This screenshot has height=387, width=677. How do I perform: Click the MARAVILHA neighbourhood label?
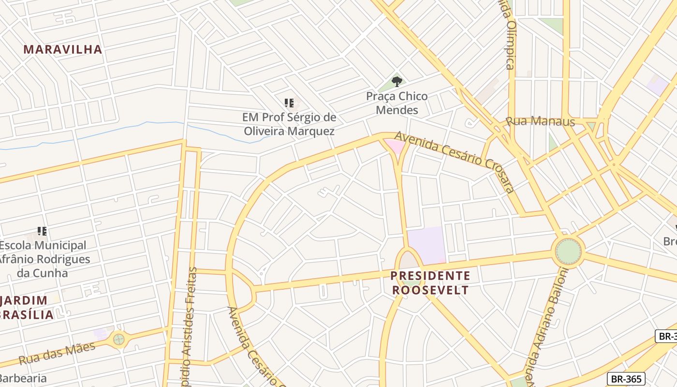(63, 49)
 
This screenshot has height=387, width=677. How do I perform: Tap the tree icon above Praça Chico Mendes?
(397, 81)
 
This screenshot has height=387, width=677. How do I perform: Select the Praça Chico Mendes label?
(397, 103)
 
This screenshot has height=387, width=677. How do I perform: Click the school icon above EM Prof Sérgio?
(289, 103)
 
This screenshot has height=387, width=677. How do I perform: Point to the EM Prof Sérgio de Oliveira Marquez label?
(289, 124)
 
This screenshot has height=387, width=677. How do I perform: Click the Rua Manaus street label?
(540, 120)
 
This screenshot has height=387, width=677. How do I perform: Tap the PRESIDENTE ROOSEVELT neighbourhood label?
(430, 283)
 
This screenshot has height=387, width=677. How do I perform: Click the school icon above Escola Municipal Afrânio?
(42, 231)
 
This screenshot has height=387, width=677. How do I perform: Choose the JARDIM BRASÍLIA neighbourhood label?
(27, 307)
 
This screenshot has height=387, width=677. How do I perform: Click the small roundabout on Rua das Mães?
(118, 339)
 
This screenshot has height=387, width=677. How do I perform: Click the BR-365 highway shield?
(626, 379)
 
